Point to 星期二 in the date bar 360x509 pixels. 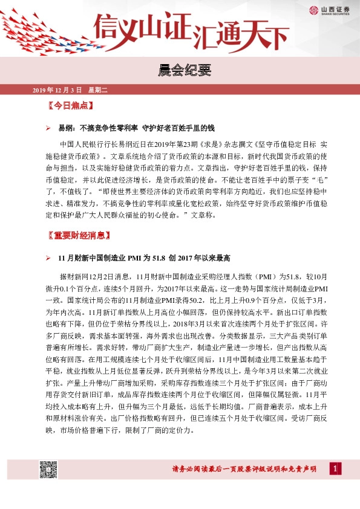point(97,90)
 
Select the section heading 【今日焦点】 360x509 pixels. point(70,106)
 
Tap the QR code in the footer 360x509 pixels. point(48,468)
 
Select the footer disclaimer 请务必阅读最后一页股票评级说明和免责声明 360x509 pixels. point(244,469)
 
